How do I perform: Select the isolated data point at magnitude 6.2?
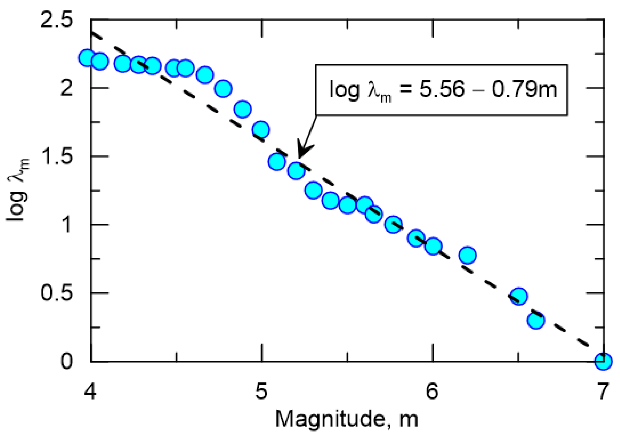(x=467, y=255)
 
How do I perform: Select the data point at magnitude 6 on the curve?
(x=433, y=246)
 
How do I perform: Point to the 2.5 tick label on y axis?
(x=56, y=21)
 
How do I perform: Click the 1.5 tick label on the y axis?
(x=56, y=156)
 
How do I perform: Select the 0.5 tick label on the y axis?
(x=56, y=293)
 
